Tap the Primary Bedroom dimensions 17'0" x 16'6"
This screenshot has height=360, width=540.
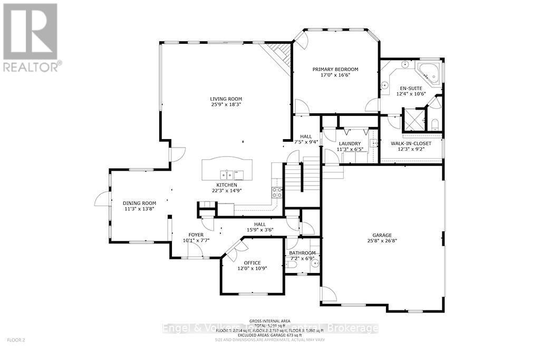click(x=335, y=75)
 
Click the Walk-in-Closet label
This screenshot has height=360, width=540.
click(x=411, y=143)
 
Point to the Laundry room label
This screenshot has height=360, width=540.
click(x=350, y=143)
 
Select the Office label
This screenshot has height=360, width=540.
click(x=252, y=262)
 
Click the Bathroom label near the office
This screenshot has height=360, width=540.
click(x=303, y=253)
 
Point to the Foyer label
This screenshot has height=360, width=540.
click(x=196, y=235)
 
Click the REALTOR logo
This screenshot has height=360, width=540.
click(x=32, y=37)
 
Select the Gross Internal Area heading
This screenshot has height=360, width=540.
click(x=269, y=320)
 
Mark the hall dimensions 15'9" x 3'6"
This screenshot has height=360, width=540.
click(x=260, y=229)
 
